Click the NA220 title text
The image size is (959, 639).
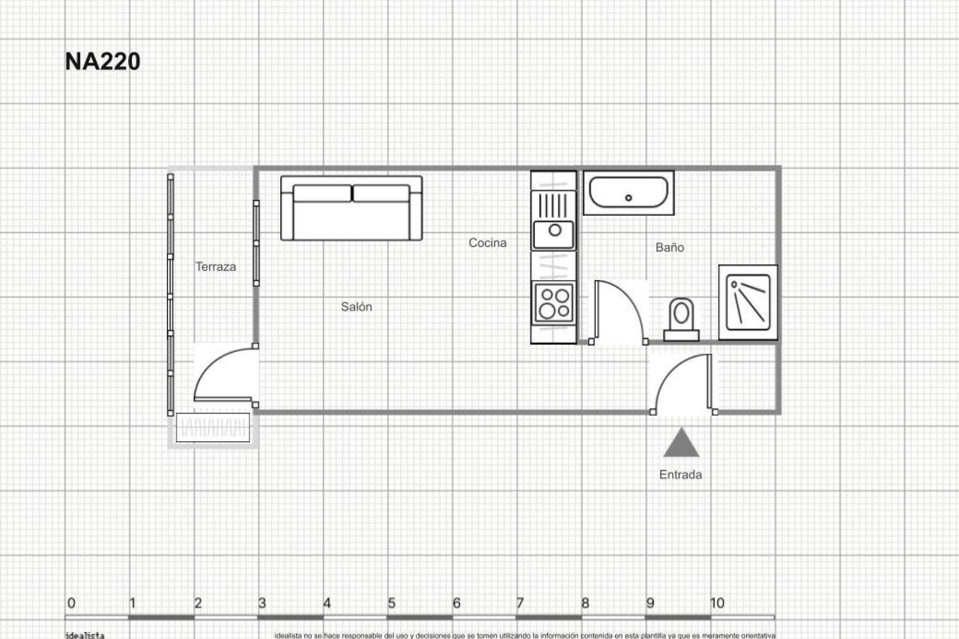pos(102,61)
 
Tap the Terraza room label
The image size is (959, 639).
pos(215,267)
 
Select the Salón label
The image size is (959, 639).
pos(356,307)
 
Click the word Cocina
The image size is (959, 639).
pos(487,243)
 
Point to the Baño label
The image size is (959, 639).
pos(669,247)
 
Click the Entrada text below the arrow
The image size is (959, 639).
pos(680,474)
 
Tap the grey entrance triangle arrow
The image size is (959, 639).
pos(681,444)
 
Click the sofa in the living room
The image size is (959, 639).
pos(351,208)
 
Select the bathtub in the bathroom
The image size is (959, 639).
pos(628,193)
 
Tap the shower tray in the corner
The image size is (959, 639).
pos(748,302)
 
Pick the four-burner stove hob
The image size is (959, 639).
pos(553,303)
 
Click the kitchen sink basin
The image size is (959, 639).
pos(553,235)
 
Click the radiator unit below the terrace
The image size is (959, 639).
pos(213,428)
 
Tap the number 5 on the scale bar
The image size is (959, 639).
pos(392,603)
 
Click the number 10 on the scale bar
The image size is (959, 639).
pos(717,603)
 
